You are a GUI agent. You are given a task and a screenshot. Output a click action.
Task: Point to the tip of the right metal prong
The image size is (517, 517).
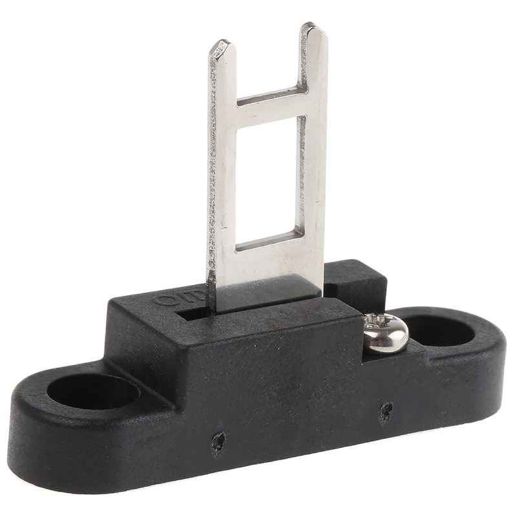pos(312,30)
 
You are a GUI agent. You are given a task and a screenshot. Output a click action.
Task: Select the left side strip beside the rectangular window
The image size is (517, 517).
pos(222,194)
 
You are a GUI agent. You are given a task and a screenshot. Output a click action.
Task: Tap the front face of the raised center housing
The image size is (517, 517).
pos(258,375)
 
